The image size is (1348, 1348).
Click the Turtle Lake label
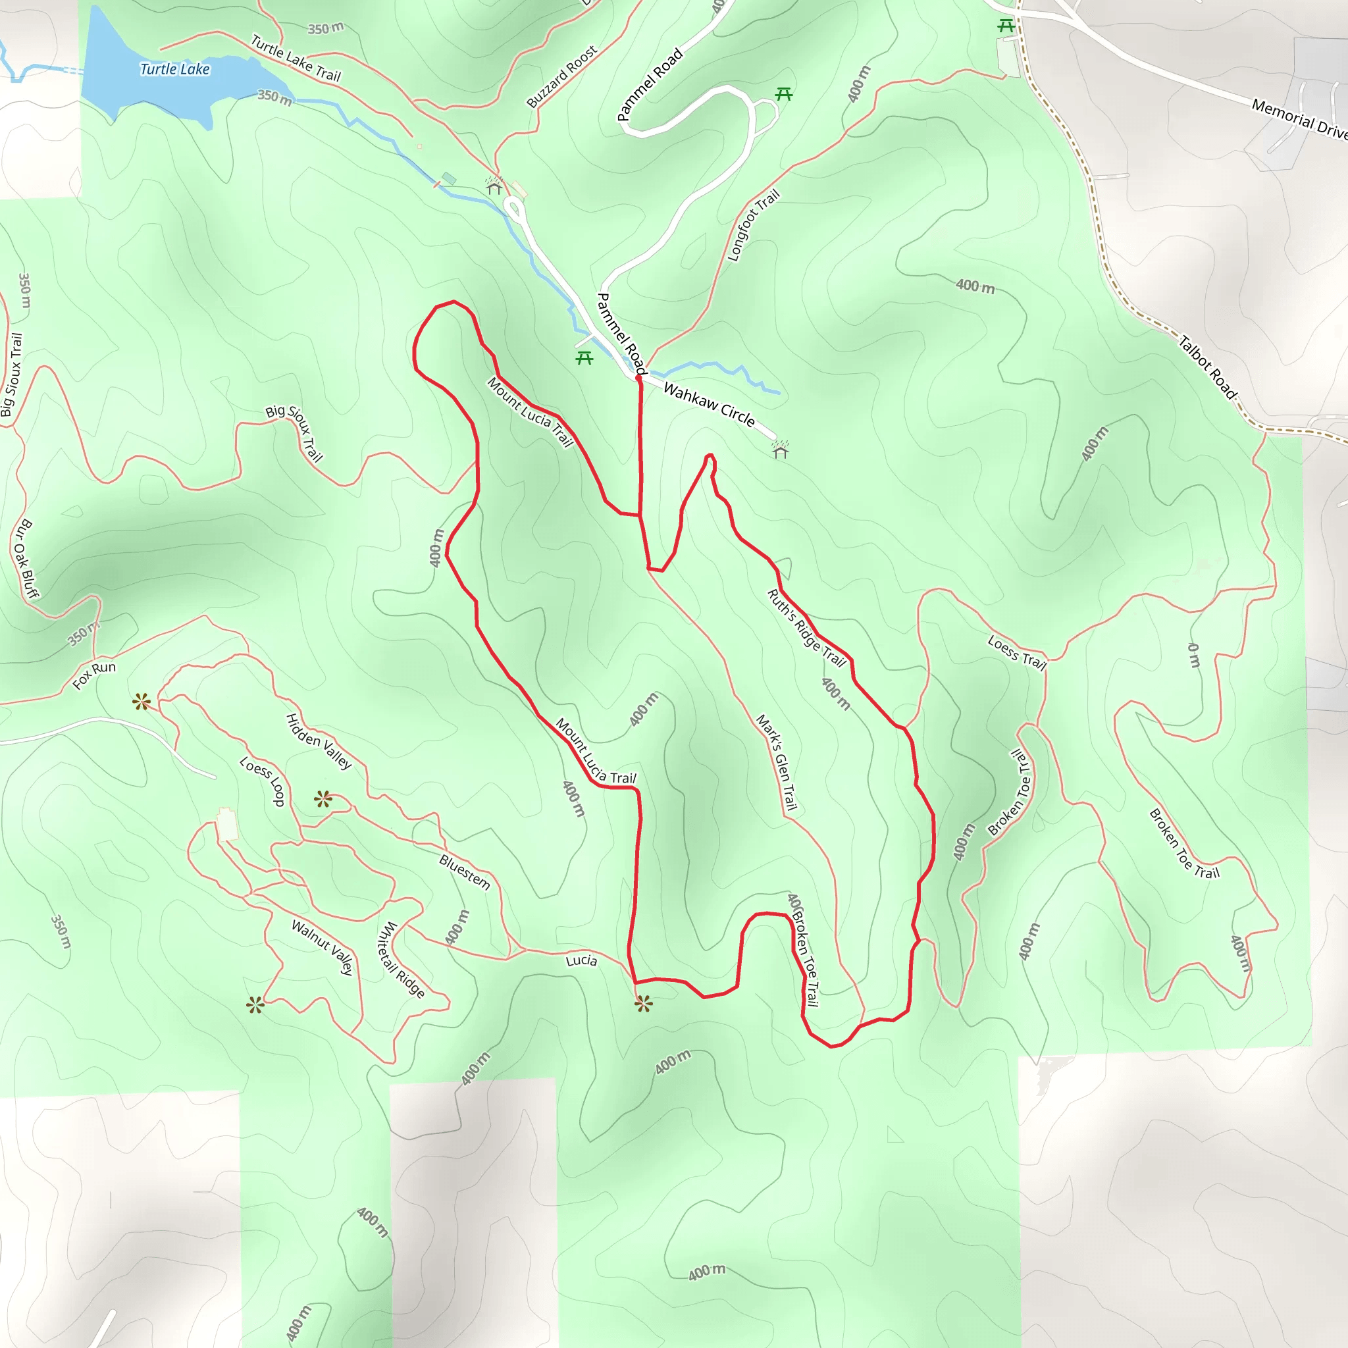[174, 69]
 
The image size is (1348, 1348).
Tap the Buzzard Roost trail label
[561, 77]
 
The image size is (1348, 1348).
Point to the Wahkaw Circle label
[709, 405]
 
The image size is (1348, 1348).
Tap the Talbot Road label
[1207, 367]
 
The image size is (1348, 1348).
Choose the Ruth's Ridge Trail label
[806, 628]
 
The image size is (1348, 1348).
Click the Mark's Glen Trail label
[777, 762]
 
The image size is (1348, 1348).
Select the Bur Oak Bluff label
[26, 558]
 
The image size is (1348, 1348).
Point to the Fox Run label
[94, 675]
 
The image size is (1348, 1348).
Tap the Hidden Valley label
[319, 741]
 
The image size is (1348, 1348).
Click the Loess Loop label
[263, 781]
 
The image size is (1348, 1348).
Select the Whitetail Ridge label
[400, 960]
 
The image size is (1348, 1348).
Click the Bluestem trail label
[465, 872]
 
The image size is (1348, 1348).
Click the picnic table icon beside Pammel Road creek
[584, 358]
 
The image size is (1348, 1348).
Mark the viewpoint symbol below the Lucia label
[643, 1004]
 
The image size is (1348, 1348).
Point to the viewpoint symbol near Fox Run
[142, 701]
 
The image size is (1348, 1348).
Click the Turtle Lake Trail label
[296, 59]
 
